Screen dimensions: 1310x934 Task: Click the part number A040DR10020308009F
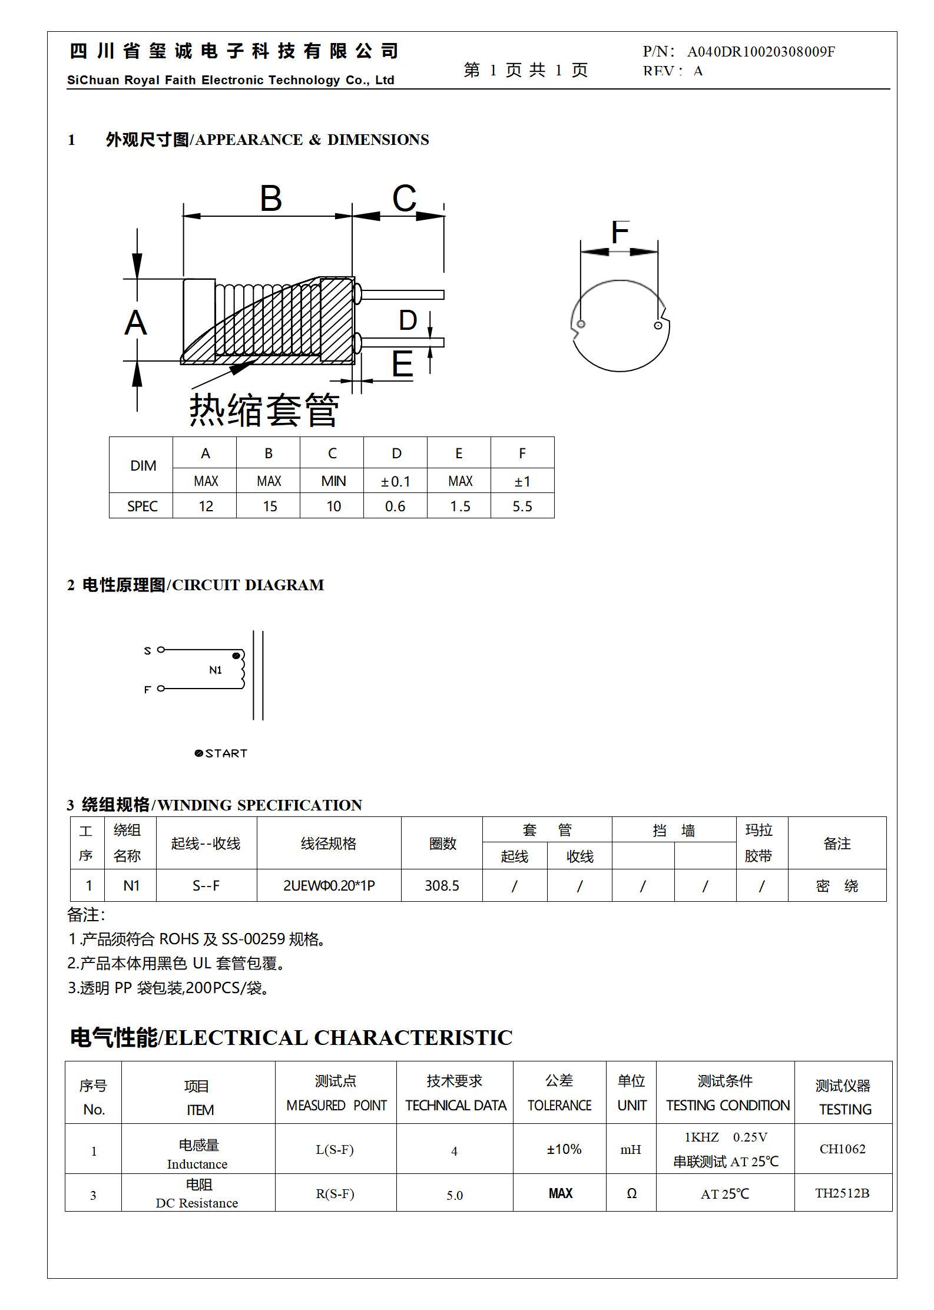(760, 52)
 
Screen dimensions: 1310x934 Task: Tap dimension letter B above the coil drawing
(271, 199)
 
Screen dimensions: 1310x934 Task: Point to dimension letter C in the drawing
(404, 199)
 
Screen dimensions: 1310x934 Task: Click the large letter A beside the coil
(135, 323)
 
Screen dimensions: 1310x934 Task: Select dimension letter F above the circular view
(620, 232)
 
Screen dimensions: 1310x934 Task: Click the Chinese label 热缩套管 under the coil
(264, 410)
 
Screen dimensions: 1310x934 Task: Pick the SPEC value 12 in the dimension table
(206, 507)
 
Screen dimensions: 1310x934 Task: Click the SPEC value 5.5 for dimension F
(522, 507)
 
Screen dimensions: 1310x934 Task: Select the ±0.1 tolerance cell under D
(395, 482)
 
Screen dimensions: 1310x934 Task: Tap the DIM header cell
(143, 466)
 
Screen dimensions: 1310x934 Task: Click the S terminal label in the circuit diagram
(147, 651)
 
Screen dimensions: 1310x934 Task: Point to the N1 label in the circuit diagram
(216, 670)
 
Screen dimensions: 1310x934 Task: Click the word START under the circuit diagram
(226, 753)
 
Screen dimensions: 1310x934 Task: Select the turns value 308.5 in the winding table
(442, 886)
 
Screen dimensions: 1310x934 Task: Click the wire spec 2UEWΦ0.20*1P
(329, 886)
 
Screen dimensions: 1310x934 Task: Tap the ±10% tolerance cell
(564, 1149)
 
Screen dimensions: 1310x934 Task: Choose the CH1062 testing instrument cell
(842, 1149)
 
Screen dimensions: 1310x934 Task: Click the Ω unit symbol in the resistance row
(631, 1193)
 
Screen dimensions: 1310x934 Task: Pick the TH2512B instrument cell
(842, 1193)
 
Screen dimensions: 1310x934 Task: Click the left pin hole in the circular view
(581, 324)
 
